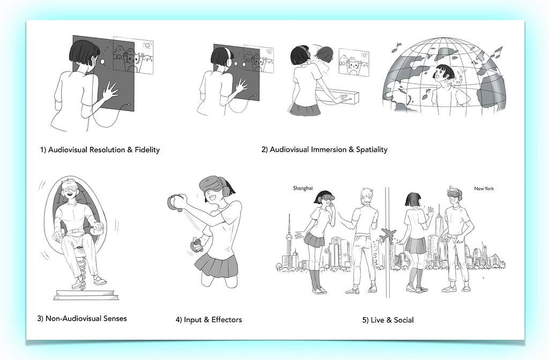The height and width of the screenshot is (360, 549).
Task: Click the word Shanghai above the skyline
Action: point(302,188)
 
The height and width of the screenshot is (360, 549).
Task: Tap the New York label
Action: point(484,189)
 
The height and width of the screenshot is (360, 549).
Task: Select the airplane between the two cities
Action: point(388,235)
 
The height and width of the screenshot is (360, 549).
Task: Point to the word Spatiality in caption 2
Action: point(372,150)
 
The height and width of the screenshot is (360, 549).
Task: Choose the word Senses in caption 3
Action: point(116,318)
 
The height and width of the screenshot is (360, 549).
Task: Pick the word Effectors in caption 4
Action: point(227,319)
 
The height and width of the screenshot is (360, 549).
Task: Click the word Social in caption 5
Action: point(404,320)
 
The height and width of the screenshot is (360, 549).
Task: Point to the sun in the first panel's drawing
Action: point(148,45)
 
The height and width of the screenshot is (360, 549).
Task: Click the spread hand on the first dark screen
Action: point(110,91)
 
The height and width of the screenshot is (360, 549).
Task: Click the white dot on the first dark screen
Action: point(102,62)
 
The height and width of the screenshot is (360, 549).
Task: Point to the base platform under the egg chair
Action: point(86,295)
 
